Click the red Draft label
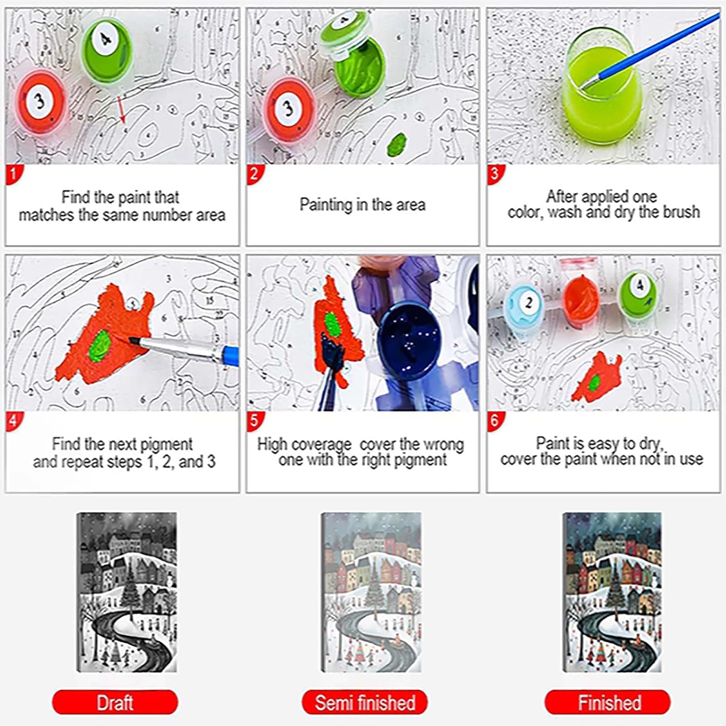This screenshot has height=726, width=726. [115, 702]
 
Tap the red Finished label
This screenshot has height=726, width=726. [608, 702]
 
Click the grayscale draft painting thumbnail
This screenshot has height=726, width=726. [127, 592]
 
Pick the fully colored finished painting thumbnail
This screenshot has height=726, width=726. [612, 592]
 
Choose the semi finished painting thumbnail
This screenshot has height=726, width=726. [371, 592]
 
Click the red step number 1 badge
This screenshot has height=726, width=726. [13, 174]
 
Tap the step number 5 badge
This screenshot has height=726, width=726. [254, 420]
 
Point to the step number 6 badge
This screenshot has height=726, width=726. [495, 420]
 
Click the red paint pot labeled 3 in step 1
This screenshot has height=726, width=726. [41, 102]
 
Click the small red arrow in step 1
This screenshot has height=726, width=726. [121, 109]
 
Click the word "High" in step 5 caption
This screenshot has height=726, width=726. [272, 444]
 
